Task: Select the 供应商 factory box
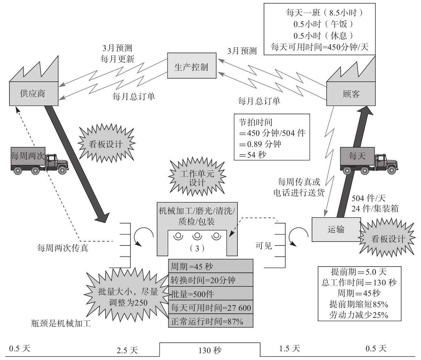(33, 93)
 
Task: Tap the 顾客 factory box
(351, 94)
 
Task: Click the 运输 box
(336, 230)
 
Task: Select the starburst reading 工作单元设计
(197, 178)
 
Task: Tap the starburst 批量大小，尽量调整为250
(128, 297)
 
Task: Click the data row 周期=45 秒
(210, 266)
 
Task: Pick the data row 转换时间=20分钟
(210, 280)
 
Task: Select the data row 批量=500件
(210, 294)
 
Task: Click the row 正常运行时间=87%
(210, 321)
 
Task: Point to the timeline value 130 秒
(210, 350)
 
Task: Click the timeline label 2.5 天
(127, 350)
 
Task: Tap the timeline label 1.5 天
(290, 349)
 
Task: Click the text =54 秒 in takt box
(253, 155)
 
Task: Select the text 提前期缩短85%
(359, 304)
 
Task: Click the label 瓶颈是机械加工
(61, 323)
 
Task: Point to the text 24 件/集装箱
(375, 209)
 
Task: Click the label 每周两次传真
(63, 248)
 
